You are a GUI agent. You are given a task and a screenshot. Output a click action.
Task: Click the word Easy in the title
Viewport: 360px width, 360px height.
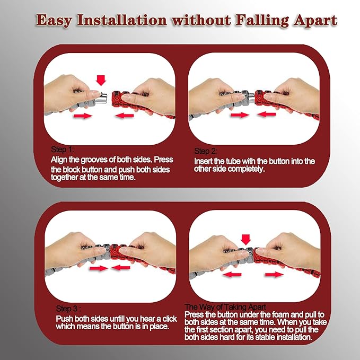click(x=54, y=21)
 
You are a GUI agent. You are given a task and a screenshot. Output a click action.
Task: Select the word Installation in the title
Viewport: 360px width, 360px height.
click(x=122, y=20)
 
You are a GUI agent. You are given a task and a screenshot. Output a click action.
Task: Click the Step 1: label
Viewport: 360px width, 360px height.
click(x=63, y=150)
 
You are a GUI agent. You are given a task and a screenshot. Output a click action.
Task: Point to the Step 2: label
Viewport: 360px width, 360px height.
click(x=206, y=151)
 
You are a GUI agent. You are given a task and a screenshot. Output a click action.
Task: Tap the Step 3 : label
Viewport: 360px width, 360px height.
click(x=68, y=309)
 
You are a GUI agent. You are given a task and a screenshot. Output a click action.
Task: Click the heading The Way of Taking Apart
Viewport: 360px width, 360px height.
click(x=225, y=307)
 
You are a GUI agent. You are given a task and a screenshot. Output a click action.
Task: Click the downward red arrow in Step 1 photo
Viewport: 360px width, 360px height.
click(x=101, y=81)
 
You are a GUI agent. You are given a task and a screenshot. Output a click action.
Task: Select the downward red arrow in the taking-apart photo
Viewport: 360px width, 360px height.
click(x=245, y=240)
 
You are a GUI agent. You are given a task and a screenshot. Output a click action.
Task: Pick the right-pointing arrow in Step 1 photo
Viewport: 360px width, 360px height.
click(x=83, y=116)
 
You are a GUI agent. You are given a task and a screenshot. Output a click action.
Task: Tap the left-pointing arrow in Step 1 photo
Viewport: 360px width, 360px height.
click(x=125, y=115)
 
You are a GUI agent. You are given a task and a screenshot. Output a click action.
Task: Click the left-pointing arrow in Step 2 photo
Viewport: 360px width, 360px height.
click(x=266, y=114)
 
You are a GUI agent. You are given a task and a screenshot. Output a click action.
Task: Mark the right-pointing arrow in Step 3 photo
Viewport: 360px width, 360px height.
click(x=99, y=268)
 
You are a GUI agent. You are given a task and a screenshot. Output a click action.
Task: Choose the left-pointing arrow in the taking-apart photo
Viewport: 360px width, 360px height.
click(x=232, y=274)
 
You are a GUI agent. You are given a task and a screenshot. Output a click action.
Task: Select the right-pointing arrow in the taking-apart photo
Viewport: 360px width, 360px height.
click(x=275, y=274)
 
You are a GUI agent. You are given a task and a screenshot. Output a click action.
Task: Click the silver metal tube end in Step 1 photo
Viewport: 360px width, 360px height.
click(x=101, y=98)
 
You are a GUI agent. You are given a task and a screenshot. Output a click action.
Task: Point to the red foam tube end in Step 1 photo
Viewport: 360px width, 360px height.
click(x=117, y=99)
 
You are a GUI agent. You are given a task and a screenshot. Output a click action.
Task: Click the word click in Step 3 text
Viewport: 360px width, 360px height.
click(x=170, y=319)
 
